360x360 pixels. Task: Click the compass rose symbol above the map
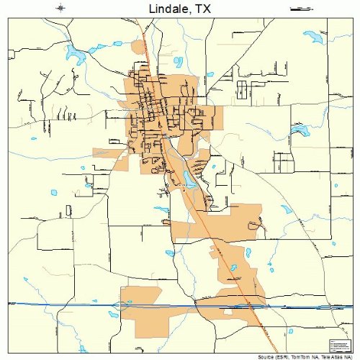pyautogui.click(x=60, y=9)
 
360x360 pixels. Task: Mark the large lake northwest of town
pyautogui.click(x=73, y=52)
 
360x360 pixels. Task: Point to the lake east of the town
pyautogui.click(x=301, y=131)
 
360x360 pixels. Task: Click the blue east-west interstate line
pyautogui.click(x=72, y=305)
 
